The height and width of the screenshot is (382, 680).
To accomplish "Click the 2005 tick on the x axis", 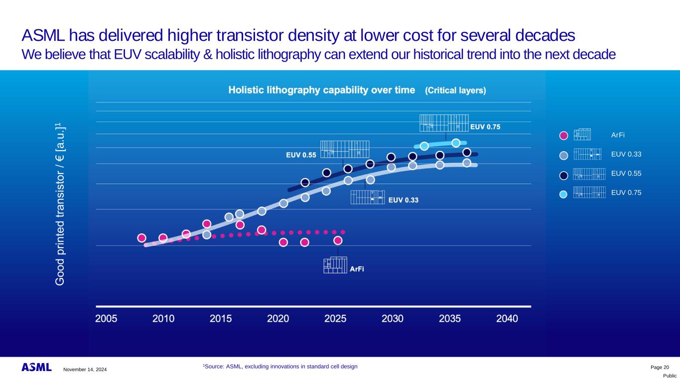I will tap(106, 318).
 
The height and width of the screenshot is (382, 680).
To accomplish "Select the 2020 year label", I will tap(278, 318).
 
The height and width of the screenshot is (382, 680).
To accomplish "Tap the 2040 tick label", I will tap(507, 318).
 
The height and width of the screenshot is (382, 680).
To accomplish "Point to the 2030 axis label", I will tap(393, 318).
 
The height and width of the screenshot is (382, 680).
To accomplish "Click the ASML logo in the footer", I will tap(36, 368).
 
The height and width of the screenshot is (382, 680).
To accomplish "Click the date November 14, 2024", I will tap(85, 369).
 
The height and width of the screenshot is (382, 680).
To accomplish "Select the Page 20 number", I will tap(660, 367).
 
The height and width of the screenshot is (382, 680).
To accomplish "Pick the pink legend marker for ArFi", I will tap(563, 135).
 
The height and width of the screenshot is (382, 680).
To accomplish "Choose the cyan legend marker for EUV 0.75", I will tap(563, 194).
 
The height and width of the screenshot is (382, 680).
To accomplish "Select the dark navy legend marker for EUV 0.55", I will tap(563, 175).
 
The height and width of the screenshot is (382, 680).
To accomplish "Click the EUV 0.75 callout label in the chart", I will tap(485, 127).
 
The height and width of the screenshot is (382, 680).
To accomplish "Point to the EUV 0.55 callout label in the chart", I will tap(301, 155).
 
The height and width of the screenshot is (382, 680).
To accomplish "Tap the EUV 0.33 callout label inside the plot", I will tap(403, 200).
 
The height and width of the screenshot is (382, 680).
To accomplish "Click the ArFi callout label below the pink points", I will tap(357, 269).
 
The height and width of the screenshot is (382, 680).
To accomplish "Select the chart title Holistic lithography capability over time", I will tap(321, 90).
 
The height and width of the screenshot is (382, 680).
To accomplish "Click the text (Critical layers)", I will tap(455, 91).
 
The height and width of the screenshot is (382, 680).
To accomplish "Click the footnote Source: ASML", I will tap(280, 367).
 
